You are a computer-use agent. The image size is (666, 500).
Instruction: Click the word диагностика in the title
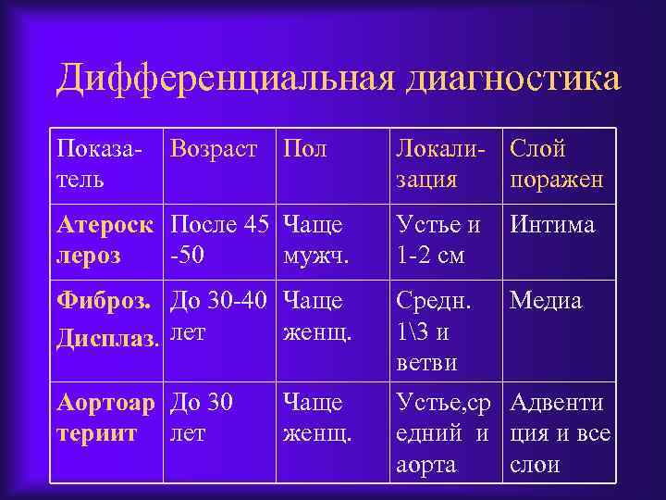click(x=513, y=79)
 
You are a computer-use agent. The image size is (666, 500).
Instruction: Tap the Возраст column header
click(x=215, y=149)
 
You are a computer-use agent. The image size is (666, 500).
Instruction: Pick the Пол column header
click(x=304, y=149)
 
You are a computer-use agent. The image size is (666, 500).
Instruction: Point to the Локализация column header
click(x=439, y=163)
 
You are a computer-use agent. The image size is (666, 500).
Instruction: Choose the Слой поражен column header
click(x=556, y=163)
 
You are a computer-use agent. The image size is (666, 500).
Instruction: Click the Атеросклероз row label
click(x=106, y=238)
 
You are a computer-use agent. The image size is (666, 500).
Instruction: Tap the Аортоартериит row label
click(x=107, y=417)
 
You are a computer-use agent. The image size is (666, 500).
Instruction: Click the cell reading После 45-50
click(x=219, y=238)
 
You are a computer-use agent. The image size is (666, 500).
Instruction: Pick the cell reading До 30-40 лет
click(x=219, y=315)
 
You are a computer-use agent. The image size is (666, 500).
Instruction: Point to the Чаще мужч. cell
click(x=315, y=238)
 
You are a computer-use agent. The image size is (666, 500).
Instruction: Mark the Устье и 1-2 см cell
click(x=438, y=238)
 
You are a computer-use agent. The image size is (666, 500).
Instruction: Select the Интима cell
click(x=553, y=224)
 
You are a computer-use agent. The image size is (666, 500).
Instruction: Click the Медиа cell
click(x=546, y=301)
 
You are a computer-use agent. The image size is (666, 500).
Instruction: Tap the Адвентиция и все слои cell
click(x=559, y=431)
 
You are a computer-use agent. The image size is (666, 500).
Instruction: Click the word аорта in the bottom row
click(x=426, y=464)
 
